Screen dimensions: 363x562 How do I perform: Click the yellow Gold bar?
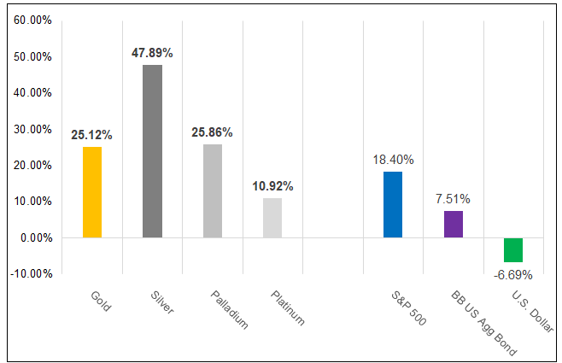point(92,192)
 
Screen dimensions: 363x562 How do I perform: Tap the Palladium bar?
point(213,190)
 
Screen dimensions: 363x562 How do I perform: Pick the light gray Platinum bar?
point(272,218)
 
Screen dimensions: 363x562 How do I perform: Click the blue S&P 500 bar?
point(393,204)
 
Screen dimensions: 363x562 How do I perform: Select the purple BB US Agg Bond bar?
point(454,224)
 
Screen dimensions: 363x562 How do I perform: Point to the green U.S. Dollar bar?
point(513,249)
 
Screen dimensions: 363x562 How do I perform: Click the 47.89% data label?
point(152,53)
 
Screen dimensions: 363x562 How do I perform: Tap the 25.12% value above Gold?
point(92,135)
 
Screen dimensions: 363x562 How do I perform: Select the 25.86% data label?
point(213,132)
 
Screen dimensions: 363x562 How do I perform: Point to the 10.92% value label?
point(272,186)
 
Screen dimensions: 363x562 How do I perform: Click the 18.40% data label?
point(393,159)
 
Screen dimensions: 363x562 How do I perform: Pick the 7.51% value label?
point(454,199)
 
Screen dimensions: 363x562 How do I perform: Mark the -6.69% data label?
point(513,275)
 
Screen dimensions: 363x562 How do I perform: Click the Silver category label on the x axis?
point(160,303)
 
